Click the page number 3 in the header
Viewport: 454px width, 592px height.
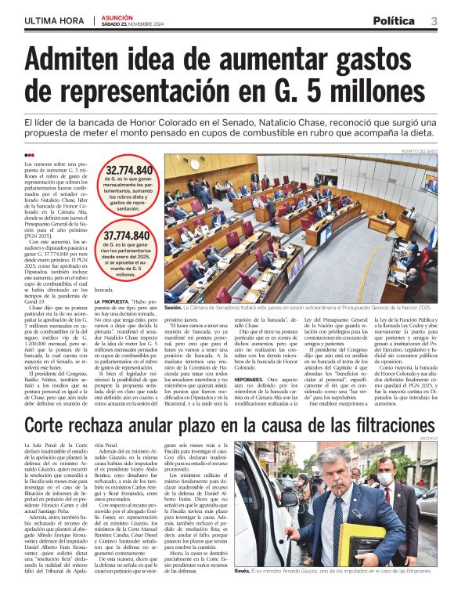tap(434, 20)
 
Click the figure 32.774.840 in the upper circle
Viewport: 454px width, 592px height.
tap(129, 170)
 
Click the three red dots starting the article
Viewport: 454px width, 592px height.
tap(30, 155)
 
